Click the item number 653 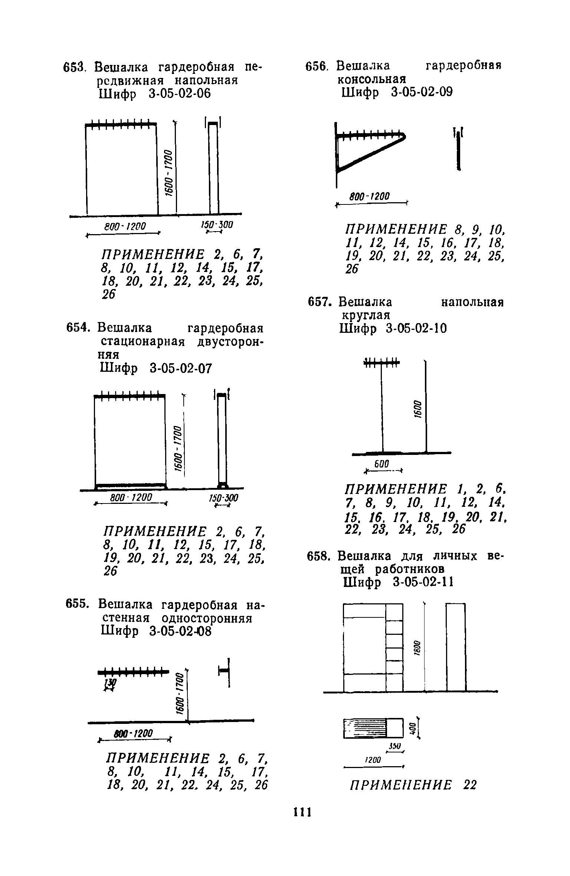pos(75,68)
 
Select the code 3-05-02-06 pos(180,94)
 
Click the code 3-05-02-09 pos(422,93)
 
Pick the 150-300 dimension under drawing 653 pos(216,225)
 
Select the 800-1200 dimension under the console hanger pos(370,196)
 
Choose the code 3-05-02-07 pos(181,368)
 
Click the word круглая pos(366,315)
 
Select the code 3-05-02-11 pos(423,583)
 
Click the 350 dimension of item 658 pos(394,746)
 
